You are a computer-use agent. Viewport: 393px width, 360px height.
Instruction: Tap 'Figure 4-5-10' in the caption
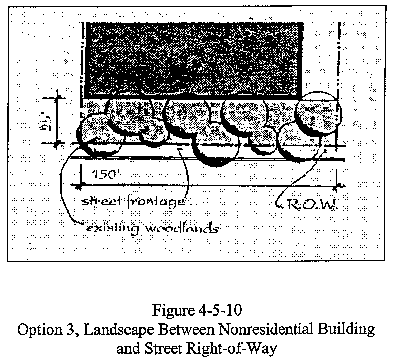pos(196,311)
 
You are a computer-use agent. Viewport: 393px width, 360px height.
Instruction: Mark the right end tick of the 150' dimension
pos(337,186)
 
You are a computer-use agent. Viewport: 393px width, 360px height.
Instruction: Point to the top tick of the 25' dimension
pos(57,97)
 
